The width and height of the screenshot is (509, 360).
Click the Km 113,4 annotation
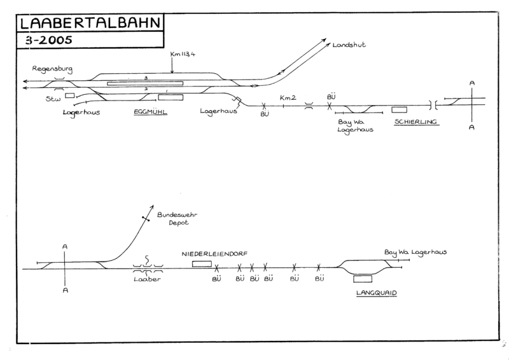click(183, 54)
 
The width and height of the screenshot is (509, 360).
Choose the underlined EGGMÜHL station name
click(149, 112)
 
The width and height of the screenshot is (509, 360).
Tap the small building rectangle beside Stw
click(69, 96)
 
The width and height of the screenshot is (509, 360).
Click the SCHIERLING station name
click(416, 121)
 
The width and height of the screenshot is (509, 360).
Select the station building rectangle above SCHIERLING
click(399, 110)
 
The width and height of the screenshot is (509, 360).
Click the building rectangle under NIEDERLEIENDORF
click(202, 263)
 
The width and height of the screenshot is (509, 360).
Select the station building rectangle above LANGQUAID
click(363, 278)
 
